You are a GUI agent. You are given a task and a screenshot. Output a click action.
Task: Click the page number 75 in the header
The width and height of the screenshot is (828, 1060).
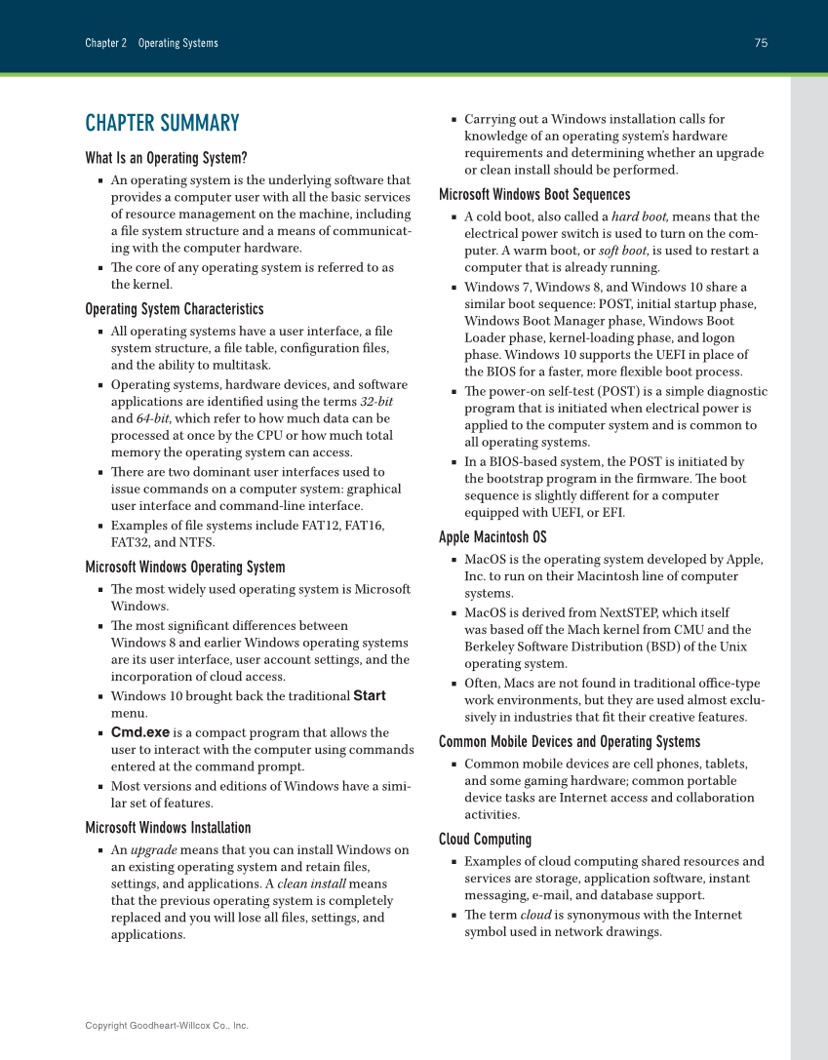point(761,43)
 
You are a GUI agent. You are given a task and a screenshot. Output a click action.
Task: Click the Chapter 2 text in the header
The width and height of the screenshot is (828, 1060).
point(106,43)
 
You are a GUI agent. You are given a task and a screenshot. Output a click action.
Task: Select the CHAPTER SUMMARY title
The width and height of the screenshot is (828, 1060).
point(162,123)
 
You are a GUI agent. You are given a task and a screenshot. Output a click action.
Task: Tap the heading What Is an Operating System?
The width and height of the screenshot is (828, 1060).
point(166,158)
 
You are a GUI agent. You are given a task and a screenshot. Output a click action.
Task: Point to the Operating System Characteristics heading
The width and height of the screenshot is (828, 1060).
point(174,309)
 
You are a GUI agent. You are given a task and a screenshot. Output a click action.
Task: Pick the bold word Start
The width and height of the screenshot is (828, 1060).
point(370,696)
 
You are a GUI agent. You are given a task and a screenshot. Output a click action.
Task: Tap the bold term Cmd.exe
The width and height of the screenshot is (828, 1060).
point(140,732)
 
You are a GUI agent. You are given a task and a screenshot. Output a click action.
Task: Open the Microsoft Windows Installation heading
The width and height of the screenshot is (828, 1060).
point(168,828)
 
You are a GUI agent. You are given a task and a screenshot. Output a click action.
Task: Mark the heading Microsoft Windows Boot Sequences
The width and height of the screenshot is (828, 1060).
point(534,195)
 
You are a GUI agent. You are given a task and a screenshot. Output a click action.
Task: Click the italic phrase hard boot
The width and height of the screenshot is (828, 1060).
point(640,216)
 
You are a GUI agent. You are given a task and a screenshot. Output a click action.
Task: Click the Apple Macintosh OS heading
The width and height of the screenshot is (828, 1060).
point(493,537)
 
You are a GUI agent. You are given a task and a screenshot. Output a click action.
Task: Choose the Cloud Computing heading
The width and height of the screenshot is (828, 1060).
point(485,840)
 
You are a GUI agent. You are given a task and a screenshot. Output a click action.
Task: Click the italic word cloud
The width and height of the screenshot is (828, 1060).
point(535,915)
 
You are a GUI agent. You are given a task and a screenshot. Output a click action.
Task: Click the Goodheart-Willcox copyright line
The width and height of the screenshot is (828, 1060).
point(167,1026)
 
